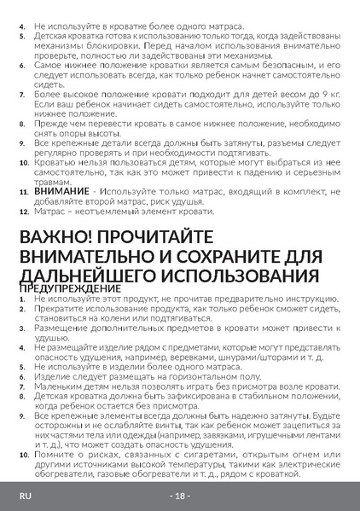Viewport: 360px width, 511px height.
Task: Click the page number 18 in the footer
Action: tap(179, 496)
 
